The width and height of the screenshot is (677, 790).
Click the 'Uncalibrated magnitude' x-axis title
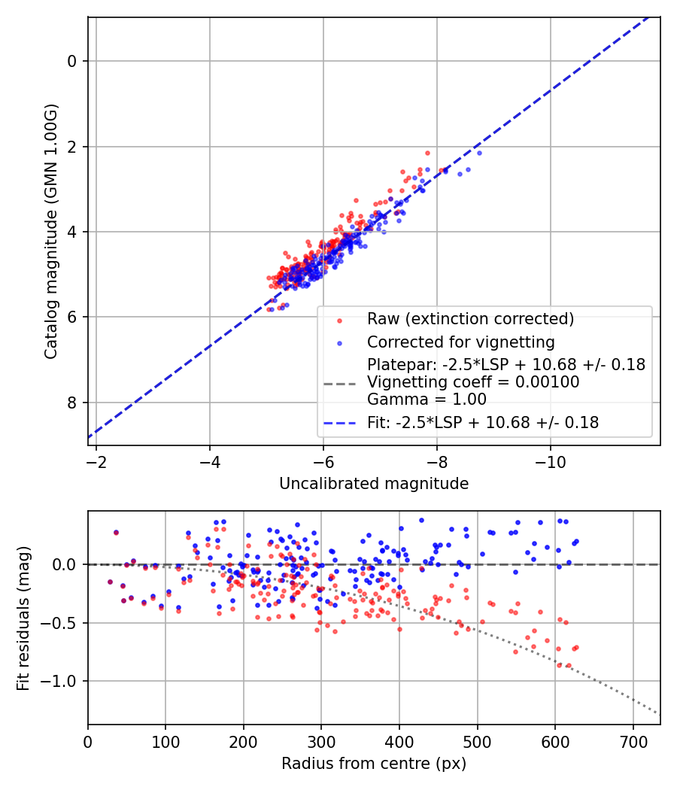click(374, 484)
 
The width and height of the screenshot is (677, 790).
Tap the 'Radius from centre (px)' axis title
click(374, 764)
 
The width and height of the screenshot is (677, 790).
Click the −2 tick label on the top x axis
click(96, 461)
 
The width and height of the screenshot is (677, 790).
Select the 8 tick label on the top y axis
click(72, 403)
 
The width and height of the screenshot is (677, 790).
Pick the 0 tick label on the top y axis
click(72, 61)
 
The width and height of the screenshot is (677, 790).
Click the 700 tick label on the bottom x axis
click(633, 741)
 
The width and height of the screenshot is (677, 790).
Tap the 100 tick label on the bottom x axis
click(165, 741)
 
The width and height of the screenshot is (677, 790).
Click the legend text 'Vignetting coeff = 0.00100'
click(473, 382)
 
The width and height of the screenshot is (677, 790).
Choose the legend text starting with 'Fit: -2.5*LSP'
click(483, 423)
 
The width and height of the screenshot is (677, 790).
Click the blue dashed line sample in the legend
click(339, 424)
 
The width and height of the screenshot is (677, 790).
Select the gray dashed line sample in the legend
click(339, 383)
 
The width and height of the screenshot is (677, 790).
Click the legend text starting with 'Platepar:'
click(505, 365)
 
